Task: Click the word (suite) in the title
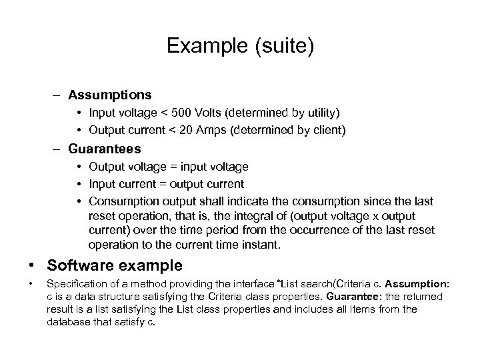pyautogui.click(x=280, y=47)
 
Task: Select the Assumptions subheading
pyautogui.click(x=109, y=95)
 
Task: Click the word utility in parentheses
pyautogui.click(x=317, y=113)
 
